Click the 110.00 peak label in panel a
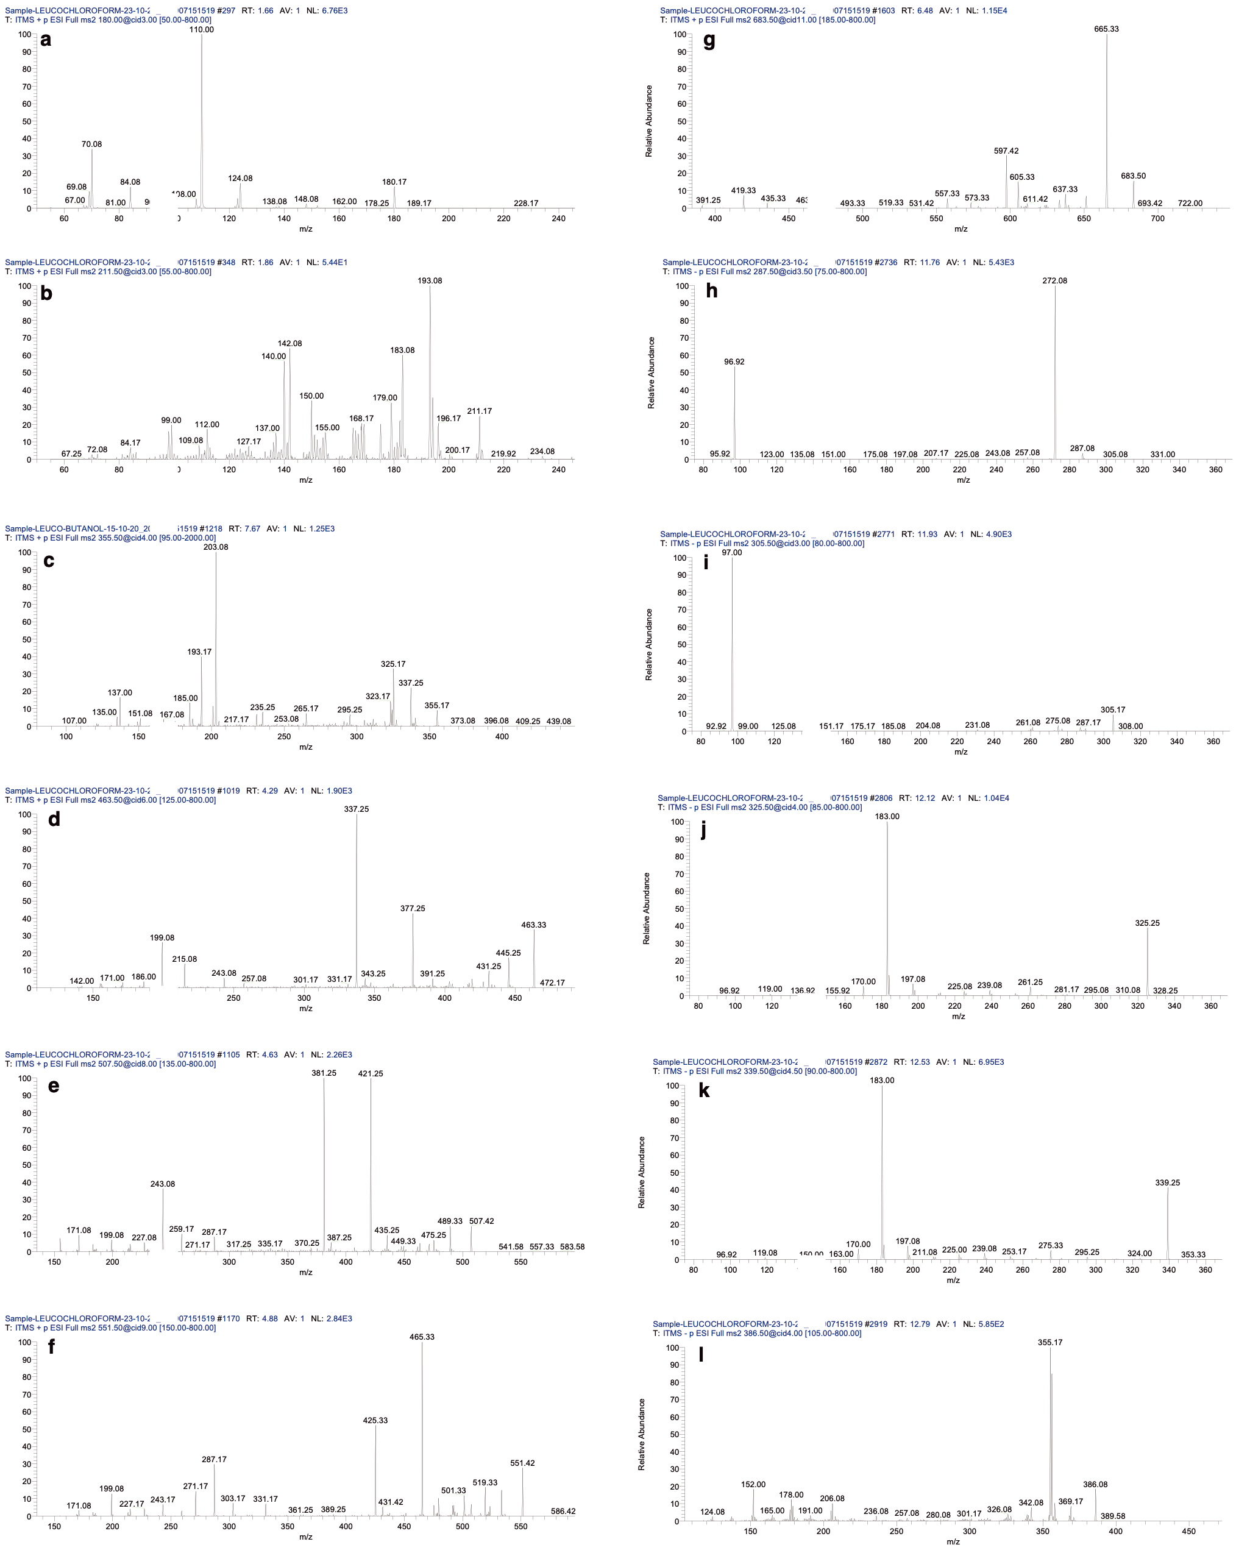(x=202, y=29)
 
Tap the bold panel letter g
(x=709, y=40)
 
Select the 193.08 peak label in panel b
(x=430, y=280)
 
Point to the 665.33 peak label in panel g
(x=1106, y=29)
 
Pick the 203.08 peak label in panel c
(x=215, y=547)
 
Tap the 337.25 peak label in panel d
(x=356, y=809)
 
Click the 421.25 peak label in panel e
(x=371, y=1073)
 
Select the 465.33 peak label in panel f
(x=422, y=1336)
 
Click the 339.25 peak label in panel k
(x=1167, y=1183)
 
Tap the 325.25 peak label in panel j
(x=1147, y=923)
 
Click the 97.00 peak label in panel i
(x=731, y=552)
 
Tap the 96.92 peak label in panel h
(x=734, y=361)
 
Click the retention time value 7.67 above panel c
(x=252, y=528)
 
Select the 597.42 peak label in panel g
(x=1006, y=151)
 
